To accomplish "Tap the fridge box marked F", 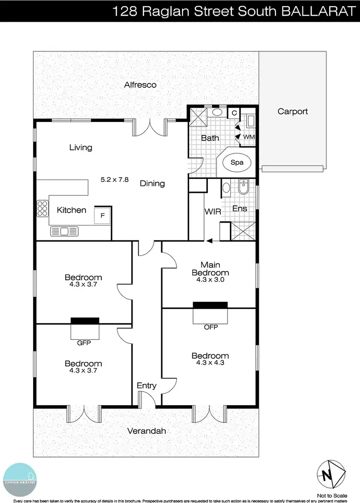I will (103, 215).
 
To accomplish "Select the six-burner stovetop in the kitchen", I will (42, 209).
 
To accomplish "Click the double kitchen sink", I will (63, 232).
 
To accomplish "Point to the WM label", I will (249, 137).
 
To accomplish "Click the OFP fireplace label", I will (210, 327).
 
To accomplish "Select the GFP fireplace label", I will (84, 343).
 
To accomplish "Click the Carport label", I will (292, 111).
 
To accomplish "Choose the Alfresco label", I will (140, 85).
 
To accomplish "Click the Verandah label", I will (146, 431).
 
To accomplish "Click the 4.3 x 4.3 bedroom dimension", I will (210, 363).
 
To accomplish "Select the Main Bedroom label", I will (210, 268).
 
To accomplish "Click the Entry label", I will (146, 385).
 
